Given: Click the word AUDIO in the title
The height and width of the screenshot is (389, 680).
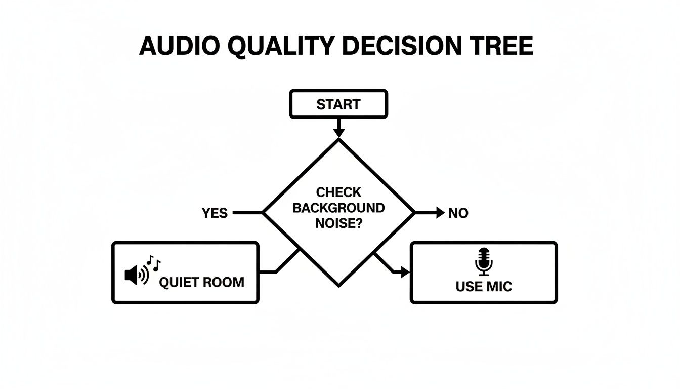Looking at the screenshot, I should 179,46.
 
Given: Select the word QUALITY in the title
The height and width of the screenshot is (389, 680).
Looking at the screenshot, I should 280,46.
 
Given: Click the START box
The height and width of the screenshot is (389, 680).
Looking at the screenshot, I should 338,104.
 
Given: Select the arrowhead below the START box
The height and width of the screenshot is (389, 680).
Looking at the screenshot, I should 338,132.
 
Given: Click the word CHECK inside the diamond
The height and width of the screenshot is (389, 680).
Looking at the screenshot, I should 338,192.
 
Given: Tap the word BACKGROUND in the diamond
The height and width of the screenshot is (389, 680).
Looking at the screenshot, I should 338,208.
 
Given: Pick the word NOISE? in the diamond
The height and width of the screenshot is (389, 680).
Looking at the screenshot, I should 338,223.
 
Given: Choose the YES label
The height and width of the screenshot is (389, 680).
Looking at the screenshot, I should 215,213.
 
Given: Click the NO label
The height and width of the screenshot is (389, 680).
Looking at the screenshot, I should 458,213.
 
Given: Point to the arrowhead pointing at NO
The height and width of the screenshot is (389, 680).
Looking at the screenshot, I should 440,213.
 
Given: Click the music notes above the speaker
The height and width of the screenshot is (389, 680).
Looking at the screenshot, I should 153,262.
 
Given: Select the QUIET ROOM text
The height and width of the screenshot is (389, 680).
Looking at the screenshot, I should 201,282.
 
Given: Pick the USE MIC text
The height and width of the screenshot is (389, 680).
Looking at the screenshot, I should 484,286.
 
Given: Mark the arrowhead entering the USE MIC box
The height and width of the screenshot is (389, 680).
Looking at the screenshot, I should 405,273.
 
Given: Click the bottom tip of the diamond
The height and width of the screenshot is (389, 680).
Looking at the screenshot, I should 338,285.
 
